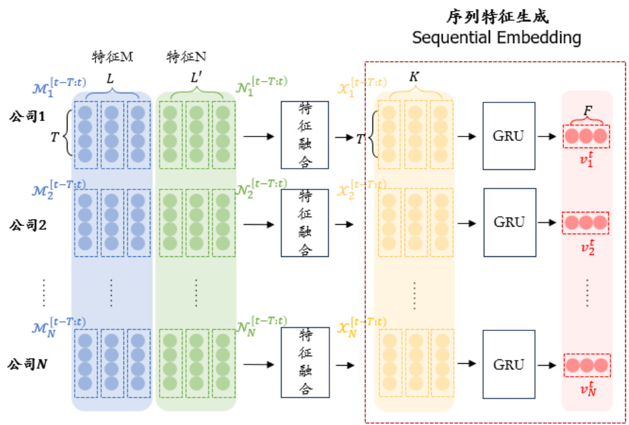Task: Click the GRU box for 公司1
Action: (x=509, y=135)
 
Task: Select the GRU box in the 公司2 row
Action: (x=509, y=222)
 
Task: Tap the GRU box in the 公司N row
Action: (x=509, y=364)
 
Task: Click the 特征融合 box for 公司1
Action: (x=305, y=135)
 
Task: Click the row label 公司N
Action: (x=28, y=364)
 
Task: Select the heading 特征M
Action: (x=113, y=57)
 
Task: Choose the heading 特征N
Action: (x=186, y=57)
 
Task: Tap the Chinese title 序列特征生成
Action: (x=497, y=17)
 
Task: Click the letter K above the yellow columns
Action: (x=414, y=77)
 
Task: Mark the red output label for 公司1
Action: (x=586, y=158)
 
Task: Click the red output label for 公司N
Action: (x=586, y=388)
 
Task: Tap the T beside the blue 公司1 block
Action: (x=55, y=137)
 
